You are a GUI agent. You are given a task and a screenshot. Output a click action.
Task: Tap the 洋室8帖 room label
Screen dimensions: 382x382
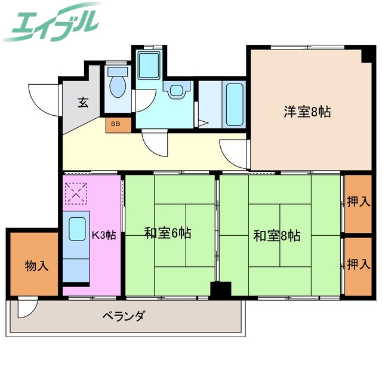pos(307,111)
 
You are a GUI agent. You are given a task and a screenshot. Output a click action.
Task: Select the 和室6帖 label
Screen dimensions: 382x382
pos(167,233)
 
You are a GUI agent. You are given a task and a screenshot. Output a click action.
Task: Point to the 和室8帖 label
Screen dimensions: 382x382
pos(276,235)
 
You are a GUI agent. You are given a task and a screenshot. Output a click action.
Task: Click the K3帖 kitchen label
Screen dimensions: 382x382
pos(103,235)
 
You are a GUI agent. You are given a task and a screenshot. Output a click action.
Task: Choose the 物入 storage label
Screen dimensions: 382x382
pos(36,265)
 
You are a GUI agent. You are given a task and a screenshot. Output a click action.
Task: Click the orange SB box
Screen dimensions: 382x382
pos(115,125)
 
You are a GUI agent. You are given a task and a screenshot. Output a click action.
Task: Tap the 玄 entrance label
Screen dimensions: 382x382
pos(82,103)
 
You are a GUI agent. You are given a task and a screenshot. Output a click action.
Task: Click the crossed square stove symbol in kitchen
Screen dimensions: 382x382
pos(76,193)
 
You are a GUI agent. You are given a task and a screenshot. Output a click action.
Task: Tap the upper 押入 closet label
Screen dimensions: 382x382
pos(358,202)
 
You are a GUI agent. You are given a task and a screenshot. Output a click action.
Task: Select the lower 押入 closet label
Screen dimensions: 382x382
pos(358,264)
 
